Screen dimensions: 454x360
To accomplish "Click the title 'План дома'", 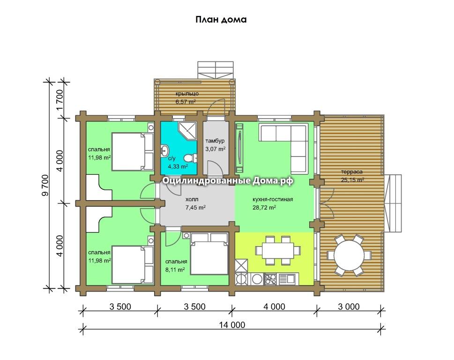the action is pos(221,20).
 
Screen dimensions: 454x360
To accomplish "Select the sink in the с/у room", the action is pos(165,150).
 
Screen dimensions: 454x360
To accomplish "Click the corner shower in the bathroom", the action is pos(187,131).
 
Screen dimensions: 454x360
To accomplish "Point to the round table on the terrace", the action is pos(349,255).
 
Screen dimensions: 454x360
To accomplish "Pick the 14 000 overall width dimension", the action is pos(232,325).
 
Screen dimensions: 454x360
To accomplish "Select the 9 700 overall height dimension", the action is pos(45,185).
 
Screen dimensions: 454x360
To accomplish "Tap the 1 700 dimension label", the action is pos(60,100).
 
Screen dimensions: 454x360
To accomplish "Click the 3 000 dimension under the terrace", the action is pos(349,307).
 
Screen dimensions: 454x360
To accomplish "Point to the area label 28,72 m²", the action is pos(264,207).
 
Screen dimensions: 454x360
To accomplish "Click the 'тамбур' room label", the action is pos(215,141).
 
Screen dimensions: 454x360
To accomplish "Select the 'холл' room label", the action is pos(192,199).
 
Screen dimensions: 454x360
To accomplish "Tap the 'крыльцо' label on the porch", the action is pos(187,94).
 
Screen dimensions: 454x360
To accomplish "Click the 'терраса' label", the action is pos(352,172).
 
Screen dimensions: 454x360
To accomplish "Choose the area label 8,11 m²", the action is pos(175,270).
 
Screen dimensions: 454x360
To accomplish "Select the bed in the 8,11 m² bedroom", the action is pos(209,254).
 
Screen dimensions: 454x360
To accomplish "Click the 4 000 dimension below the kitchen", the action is pos(274,307).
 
